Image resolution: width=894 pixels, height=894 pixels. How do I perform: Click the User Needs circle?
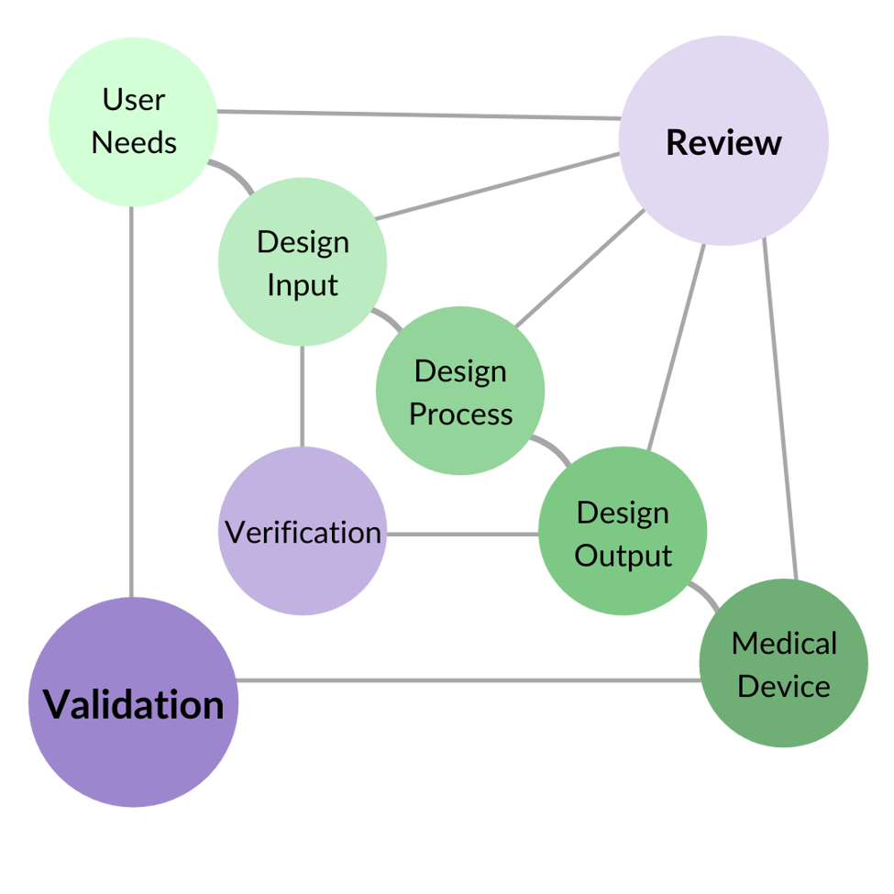133,120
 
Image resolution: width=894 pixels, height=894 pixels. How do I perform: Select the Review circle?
723,141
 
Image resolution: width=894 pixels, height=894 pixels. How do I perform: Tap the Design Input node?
303,262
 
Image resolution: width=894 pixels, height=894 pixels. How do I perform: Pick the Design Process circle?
460,392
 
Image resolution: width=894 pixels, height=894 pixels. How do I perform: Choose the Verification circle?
303,531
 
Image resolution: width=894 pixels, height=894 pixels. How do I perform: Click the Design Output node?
623,532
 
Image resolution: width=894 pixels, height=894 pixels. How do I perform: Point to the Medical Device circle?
784,663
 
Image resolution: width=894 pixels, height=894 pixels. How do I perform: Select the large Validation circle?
134,703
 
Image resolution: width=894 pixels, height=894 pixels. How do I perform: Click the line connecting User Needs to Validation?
132,403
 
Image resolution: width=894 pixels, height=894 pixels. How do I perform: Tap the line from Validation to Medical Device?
468,680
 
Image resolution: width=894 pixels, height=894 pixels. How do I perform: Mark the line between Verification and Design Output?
462,533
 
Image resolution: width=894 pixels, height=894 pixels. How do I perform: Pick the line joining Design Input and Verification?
302,396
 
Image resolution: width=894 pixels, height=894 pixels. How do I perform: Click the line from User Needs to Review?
417,115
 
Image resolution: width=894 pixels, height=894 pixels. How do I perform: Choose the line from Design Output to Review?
677,348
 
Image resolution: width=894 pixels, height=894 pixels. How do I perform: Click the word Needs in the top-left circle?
134,143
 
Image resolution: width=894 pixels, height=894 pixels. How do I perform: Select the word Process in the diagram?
460,414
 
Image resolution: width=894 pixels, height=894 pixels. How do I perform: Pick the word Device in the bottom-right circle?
784,686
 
